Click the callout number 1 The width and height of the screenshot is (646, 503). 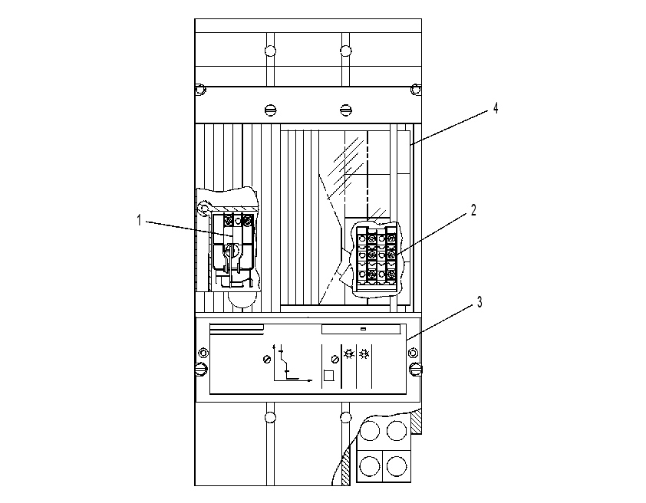tap(140, 221)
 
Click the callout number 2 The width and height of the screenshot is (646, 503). tap(473, 210)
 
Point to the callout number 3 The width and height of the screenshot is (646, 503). tap(480, 302)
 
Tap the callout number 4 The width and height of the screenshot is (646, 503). tap(496, 108)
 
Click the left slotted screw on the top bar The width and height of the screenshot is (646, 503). tap(270, 110)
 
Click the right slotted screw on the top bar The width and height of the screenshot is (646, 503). tap(346, 110)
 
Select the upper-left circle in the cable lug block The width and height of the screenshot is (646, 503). tap(370, 431)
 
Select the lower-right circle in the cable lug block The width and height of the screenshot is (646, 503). tap(397, 466)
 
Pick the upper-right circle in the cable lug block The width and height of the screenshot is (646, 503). tap(397, 431)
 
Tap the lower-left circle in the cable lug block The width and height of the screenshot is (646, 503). tap(370, 466)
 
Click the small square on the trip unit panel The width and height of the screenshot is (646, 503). tap(328, 376)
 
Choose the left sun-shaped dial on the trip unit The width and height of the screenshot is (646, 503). tap(349, 354)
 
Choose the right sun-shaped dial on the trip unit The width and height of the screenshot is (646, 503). tap(364, 354)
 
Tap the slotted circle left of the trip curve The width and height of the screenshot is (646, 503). tap(267, 360)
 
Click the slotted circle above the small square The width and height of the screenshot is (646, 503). tap(335, 360)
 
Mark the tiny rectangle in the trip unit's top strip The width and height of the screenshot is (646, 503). tap(363, 329)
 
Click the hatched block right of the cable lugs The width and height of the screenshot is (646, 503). tap(416, 422)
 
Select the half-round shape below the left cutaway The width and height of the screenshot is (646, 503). tap(242, 300)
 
